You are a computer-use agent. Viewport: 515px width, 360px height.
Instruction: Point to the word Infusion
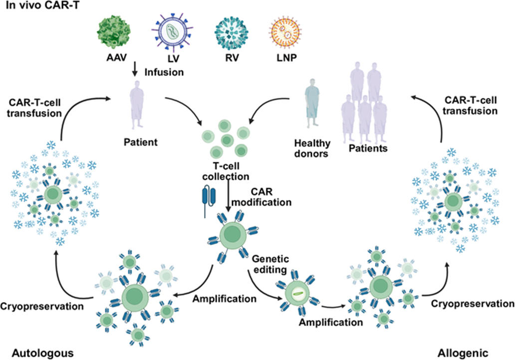[x=164, y=72]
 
